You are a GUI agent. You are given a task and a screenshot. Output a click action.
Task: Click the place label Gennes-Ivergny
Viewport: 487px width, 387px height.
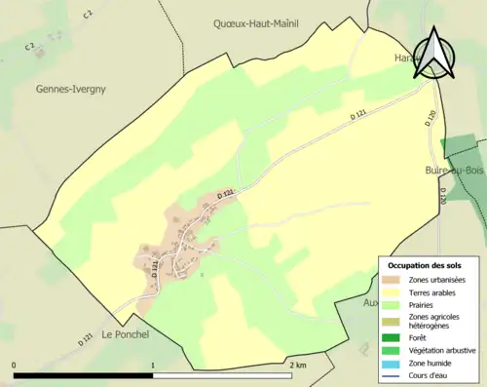pyautogui.click(x=70, y=89)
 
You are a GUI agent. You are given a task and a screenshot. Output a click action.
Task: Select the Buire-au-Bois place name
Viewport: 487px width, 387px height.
pyautogui.click(x=454, y=170)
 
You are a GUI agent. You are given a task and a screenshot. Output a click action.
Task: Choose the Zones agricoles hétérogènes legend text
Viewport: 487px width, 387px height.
pyautogui.click(x=435, y=321)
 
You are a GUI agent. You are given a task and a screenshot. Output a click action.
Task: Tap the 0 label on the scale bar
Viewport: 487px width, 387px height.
pyautogui.click(x=14, y=365)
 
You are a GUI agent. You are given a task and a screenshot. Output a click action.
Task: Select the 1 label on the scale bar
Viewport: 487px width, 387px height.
pyautogui.click(x=153, y=365)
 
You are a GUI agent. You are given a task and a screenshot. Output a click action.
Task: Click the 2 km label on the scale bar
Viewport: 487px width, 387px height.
pyautogui.click(x=299, y=365)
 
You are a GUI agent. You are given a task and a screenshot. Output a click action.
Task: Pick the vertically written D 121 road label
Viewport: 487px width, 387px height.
pyautogui.click(x=155, y=269)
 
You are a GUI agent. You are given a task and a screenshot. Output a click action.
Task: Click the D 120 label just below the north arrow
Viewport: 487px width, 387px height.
pyautogui.click(x=430, y=118)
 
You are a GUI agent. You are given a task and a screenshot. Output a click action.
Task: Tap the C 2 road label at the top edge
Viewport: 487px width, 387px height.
pyautogui.click(x=88, y=14)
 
